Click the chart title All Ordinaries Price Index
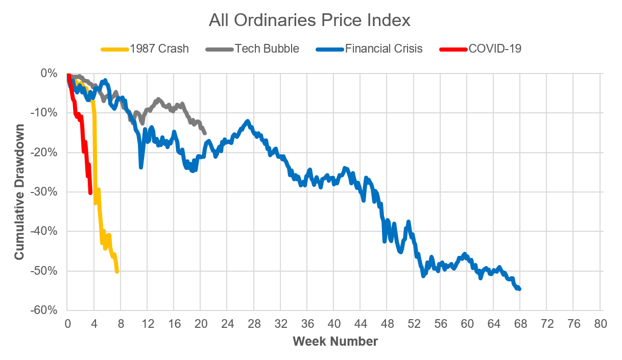pyautogui.click(x=309, y=20)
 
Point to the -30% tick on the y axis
pyautogui.click(x=47, y=192)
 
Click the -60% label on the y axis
pyautogui.click(x=47, y=310)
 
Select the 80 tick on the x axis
pyautogui.click(x=601, y=324)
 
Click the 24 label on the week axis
pyautogui.click(x=227, y=324)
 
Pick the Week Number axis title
pyautogui.click(x=335, y=341)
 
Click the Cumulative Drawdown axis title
pyautogui.click(x=19, y=191)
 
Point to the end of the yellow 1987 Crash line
pyautogui.click(x=117, y=271)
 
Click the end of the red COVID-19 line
pyautogui.click(x=90, y=193)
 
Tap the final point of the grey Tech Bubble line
pyautogui.click(x=205, y=133)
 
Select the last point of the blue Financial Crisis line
pyautogui.click(x=519, y=289)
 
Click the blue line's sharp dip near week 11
pyautogui.click(x=141, y=166)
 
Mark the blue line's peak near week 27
pyautogui.click(x=247, y=121)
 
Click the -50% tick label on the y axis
pyautogui.click(x=47, y=271)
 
